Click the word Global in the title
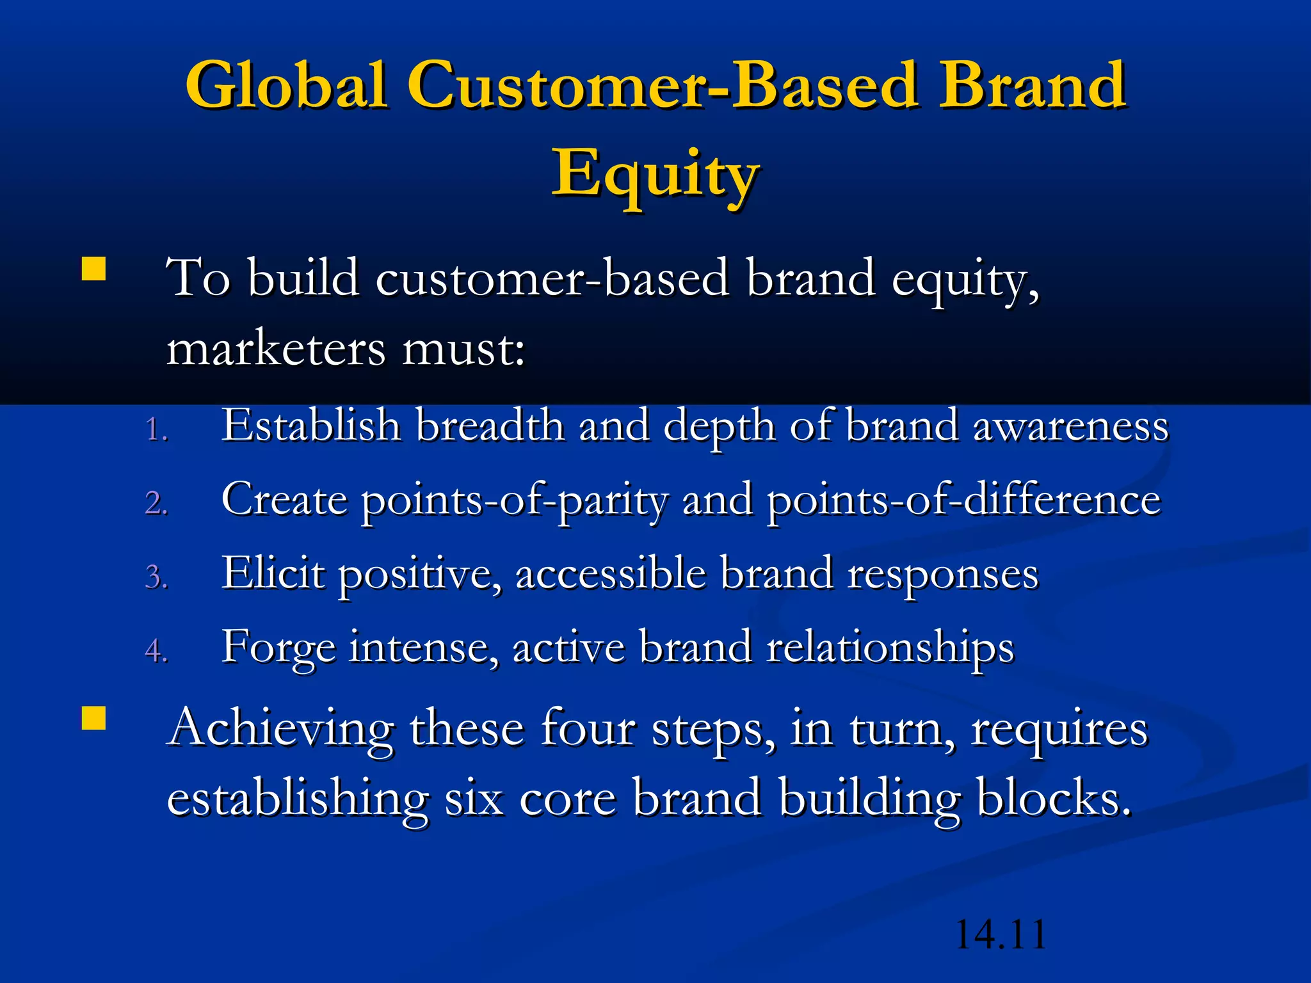[286, 84]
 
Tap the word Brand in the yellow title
[1031, 84]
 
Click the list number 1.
[156, 429]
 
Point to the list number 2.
[156, 503]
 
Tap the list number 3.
[156, 577]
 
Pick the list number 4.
[156, 651]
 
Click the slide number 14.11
[1000, 934]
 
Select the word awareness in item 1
[1070, 426]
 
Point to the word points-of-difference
[963, 499]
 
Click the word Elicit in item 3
[273, 572]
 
